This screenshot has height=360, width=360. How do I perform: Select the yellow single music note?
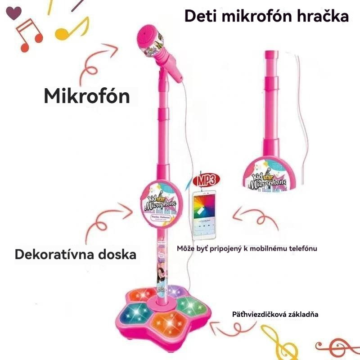coord(71,27)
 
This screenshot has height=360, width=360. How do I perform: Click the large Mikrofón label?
coord(87,96)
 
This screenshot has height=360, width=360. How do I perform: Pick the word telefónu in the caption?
coord(300,248)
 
